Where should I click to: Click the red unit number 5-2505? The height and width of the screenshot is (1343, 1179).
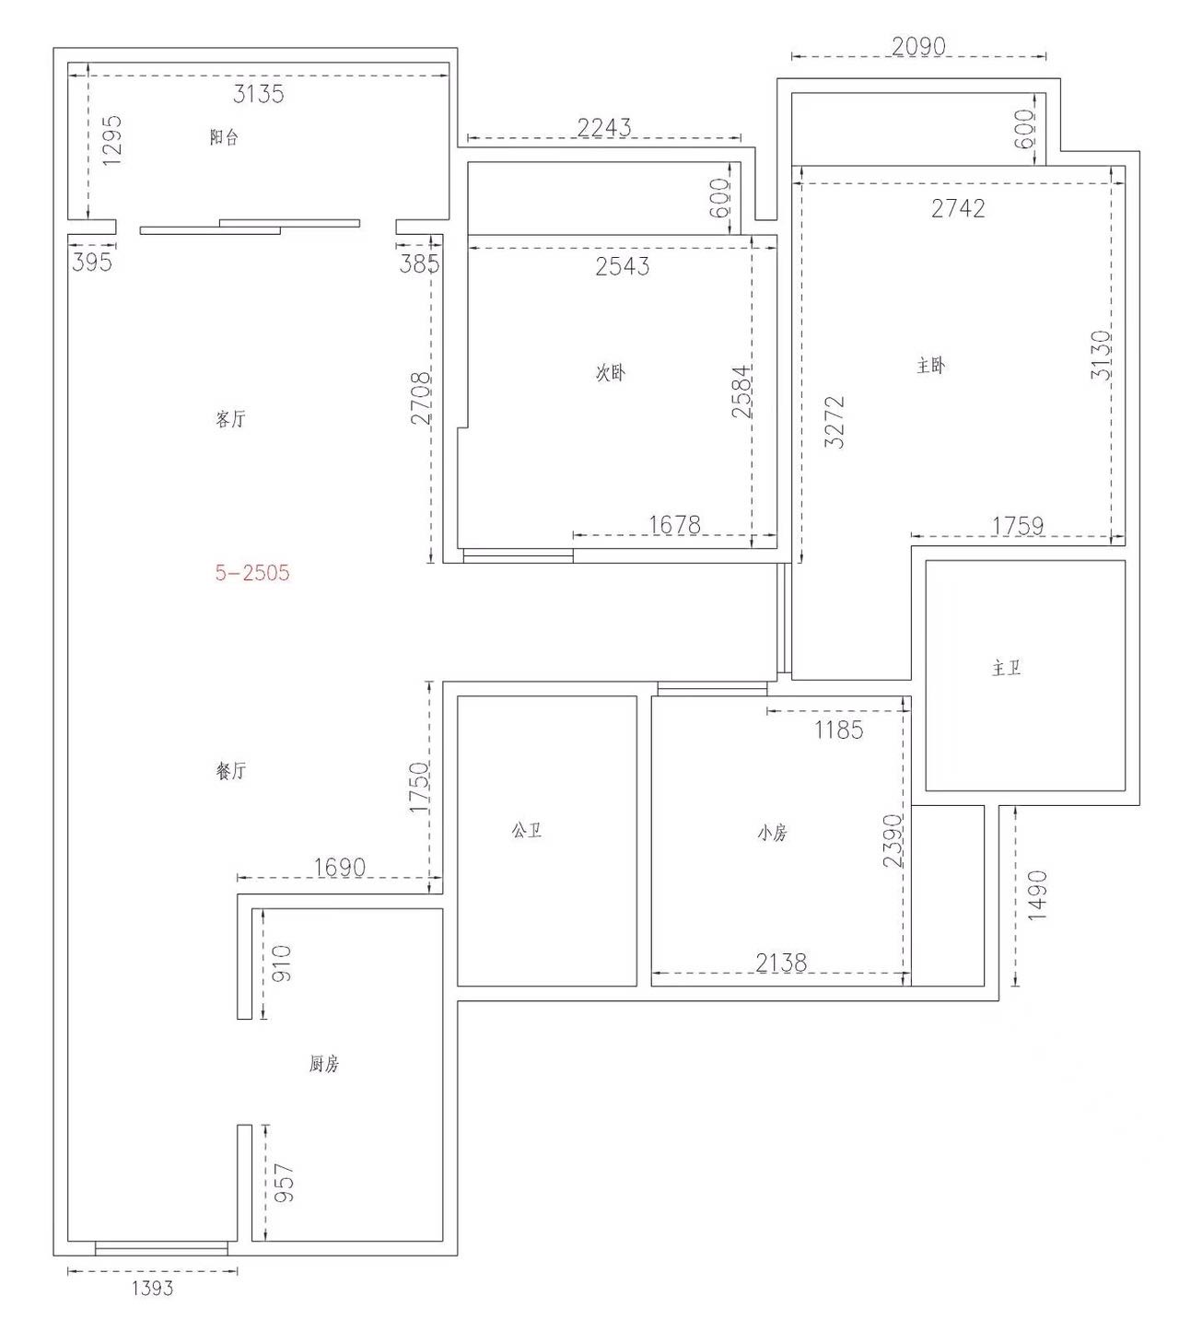tap(252, 572)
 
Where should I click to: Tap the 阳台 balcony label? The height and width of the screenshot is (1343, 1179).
tap(224, 137)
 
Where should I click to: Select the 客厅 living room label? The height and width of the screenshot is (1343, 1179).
tap(230, 419)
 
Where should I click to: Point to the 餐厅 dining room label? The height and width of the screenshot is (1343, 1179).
tap(230, 770)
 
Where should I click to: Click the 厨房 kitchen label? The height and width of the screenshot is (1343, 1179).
tap(323, 1064)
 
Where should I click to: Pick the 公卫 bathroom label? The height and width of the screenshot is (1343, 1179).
tap(527, 830)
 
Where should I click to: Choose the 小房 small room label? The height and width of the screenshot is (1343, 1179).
tap(772, 833)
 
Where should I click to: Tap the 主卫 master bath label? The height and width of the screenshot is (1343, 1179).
tap(1006, 668)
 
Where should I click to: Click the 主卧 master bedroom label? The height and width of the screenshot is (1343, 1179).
tap(930, 366)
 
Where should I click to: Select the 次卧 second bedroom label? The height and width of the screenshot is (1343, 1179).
tap(610, 372)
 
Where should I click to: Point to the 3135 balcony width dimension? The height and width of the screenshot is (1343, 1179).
tap(258, 94)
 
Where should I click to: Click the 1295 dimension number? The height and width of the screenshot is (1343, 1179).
tap(111, 140)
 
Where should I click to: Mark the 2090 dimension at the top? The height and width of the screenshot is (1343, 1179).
tap(918, 46)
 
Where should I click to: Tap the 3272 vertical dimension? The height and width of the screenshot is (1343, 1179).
tap(835, 422)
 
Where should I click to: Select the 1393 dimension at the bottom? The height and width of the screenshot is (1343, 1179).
tap(153, 1288)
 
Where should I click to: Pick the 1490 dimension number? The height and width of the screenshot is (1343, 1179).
tap(1036, 895)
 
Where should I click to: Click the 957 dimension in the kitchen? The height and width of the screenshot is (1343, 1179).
tap(284, 1183)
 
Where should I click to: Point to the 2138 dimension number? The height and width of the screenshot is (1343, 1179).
tap(781, 963)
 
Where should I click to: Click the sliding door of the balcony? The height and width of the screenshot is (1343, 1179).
tap(250, 227)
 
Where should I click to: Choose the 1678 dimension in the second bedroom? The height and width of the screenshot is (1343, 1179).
tap(674, 525)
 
